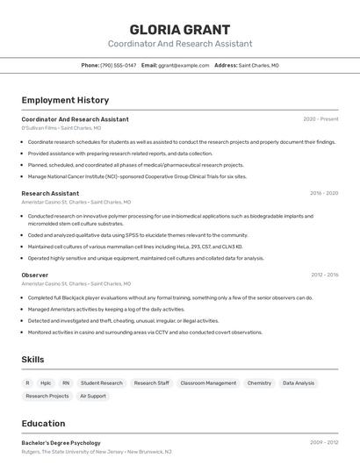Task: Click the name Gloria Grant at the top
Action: point(180,29)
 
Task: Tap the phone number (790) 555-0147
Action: point(119,66)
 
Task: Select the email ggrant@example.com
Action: point(184,66)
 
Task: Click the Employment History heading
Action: point(65,100)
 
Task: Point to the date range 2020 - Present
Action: point(320,118)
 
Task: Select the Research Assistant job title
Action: point(50,193)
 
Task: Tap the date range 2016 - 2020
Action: point(324,193)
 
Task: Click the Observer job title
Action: point(35,275)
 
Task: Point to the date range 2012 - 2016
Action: point(324,275)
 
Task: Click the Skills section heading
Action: point(32,360)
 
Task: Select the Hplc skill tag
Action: point(46,383)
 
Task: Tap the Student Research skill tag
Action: point(102,383)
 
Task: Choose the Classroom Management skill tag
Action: point(208,383)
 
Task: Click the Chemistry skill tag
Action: point(259,383)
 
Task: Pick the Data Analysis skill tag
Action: point(299,383)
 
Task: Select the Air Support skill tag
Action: point(93,396)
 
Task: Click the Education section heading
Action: point(43,424)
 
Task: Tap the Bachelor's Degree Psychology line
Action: point(61,443)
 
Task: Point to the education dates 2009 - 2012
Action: point(324,443)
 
